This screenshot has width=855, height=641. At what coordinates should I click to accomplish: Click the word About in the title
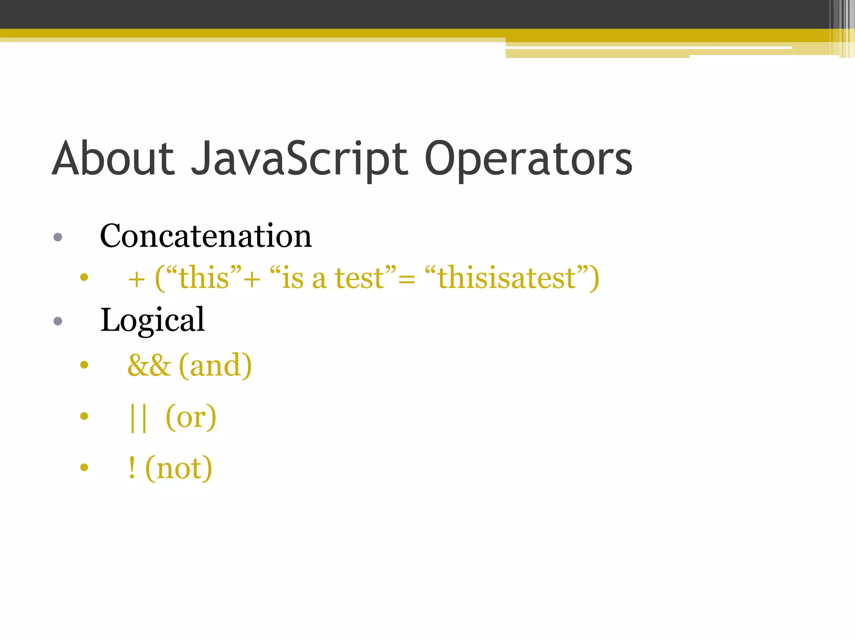(x=113, y=159)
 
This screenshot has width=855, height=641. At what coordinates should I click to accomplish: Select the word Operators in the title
(x=528, y=159)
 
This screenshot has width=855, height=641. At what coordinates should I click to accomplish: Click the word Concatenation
(x=206, y=236)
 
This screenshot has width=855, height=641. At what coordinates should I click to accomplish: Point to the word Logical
(x=152, y=320)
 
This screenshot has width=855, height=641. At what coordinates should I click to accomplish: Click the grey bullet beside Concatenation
(x=58, y=237)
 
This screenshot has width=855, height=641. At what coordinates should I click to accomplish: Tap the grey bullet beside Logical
(x=58, y=321)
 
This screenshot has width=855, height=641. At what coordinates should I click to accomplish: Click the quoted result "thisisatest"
(x=507, y=278)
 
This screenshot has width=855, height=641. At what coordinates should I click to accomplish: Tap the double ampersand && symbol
(x=149, y=366)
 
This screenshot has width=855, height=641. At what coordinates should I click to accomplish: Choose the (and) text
(x=215, y=366)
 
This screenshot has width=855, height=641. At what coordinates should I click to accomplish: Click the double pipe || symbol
(x=138, y=417)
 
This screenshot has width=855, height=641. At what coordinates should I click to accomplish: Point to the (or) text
(x=191, y=417)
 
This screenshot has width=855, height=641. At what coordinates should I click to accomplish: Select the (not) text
(x=179, y=468)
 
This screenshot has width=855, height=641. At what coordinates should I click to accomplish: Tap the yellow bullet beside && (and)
(x=84, y=365)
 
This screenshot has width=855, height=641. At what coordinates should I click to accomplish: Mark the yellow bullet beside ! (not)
(x=84, y=467)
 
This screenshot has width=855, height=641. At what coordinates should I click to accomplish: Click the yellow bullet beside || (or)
(x=84, y=416)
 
